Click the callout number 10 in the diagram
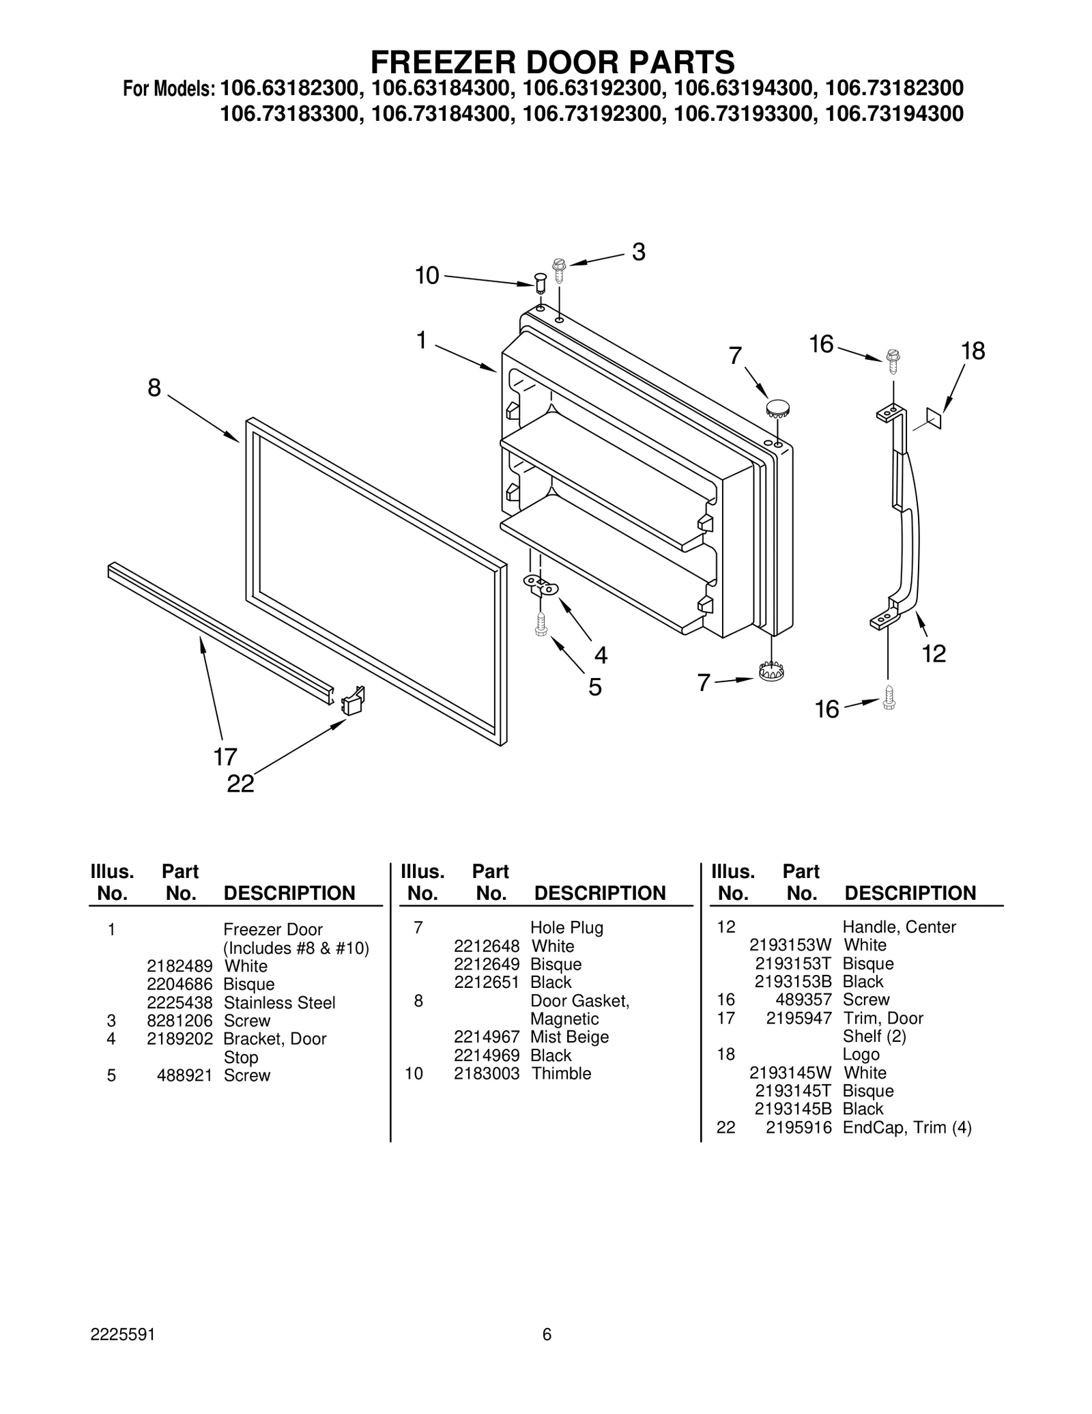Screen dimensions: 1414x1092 (x=427, y=276)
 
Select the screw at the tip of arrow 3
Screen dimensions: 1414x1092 (x=560, y=270)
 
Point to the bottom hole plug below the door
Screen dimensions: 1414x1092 (x=771, y=671)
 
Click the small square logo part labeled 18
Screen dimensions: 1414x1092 (x=934, y=418)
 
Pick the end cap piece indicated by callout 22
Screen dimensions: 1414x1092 (x=353, y=701)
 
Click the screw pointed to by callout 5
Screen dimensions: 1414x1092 (x=541, y=624)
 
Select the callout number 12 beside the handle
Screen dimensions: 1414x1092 (x=934, y=653)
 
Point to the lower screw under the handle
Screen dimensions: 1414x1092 (x=889, y=697)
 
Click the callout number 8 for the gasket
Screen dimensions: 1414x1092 (x=154, y=388)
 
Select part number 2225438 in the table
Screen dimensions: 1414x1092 (x=179, y=1002)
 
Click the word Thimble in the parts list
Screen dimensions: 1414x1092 (x=561, y=1073)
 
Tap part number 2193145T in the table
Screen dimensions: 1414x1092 (x=792, y=1090)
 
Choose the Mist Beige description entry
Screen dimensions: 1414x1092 (x=569, y=1036)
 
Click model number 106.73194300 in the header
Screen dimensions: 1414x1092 (x=894, y=113)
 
